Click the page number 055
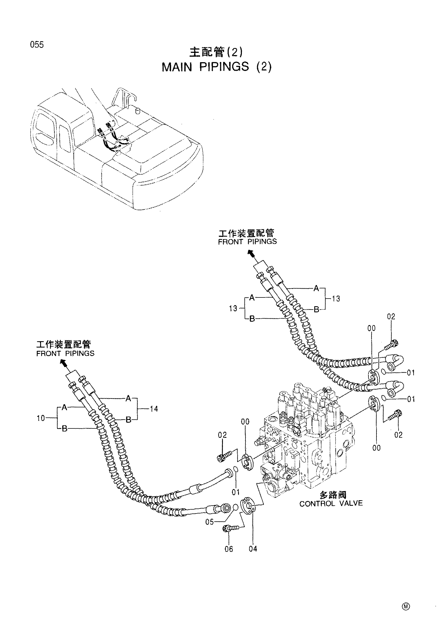(x=37, y=44)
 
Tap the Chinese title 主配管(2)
(x=216, y=52)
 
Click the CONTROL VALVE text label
(x=331, y=503)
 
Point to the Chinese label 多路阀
(x=333, y=495)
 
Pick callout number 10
(x=40, y=418)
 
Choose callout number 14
(x=154, y=409)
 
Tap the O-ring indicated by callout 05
(x=235, y=507)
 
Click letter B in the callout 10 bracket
(x=64, y=429)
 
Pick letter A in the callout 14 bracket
(x=128, y=398)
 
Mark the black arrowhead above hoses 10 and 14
(x=64, y=362)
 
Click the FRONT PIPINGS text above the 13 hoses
(x=247, y=242)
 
